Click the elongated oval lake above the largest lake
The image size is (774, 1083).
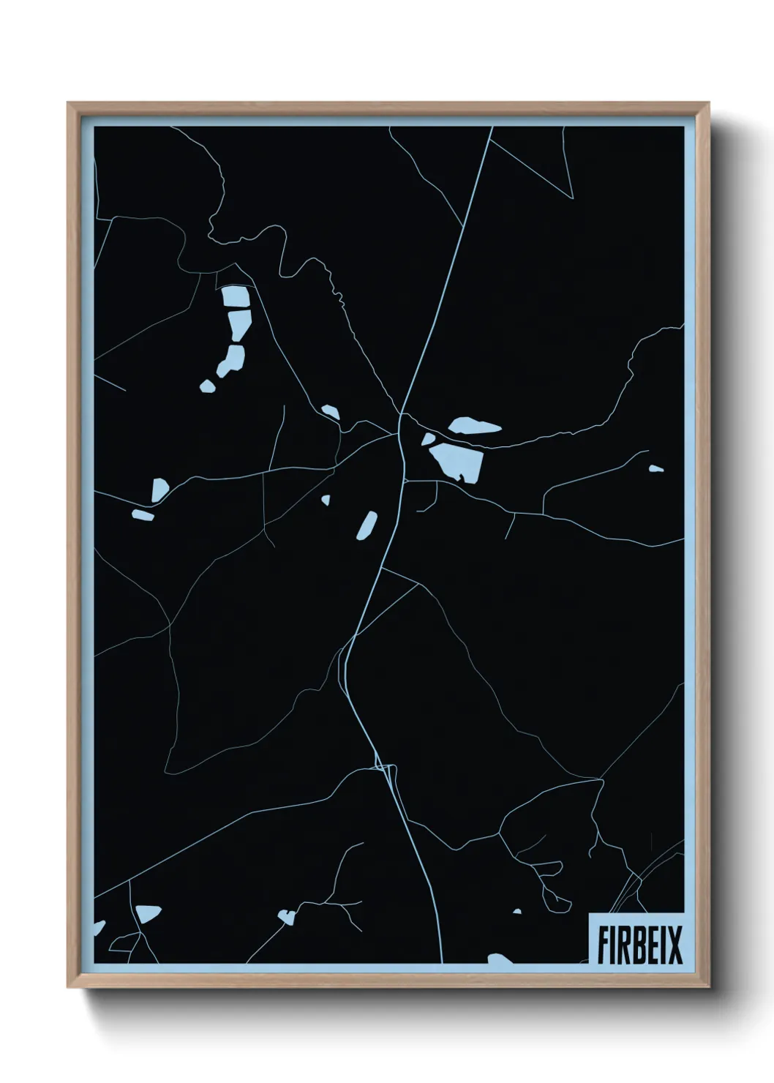(474, 426)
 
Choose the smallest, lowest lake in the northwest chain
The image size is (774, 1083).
(208, 386)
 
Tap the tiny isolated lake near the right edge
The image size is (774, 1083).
(655, 468)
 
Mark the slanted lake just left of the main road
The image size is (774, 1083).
(367, 525)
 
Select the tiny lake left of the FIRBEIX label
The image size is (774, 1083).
(517, 912)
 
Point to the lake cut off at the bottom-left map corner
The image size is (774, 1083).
(99, 927)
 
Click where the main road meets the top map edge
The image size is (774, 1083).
(492, 127)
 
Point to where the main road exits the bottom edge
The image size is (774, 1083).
(441, 962)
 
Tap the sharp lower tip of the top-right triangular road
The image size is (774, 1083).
(572, 198)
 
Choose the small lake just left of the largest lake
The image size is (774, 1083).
(427, 439)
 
